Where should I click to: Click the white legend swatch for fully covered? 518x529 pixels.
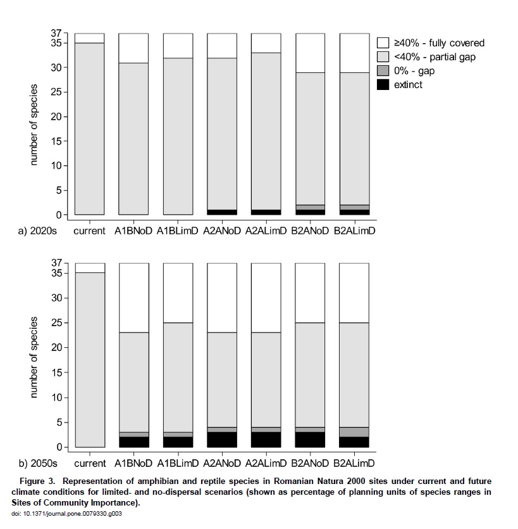click(383, 43)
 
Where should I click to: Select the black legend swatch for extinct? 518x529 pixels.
click(383, 84)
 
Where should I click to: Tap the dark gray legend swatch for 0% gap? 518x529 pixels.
click(383, 70)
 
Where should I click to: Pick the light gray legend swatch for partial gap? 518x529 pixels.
click(383, 56)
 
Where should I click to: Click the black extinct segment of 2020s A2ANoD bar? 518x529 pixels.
click(222, 212)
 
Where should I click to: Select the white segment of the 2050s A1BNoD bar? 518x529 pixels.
click(134, 298)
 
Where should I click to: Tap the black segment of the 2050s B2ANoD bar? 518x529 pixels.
click(310, 440)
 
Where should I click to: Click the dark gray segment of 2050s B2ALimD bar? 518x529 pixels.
click(354, 432)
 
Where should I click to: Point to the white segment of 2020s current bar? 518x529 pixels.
click(89, 38)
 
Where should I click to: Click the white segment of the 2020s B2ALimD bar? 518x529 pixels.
click(355, 53)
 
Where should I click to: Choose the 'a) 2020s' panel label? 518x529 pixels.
click(37, 231)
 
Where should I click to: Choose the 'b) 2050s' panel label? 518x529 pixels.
click(38, 463)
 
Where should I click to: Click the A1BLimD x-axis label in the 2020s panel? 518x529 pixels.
click(178, 231)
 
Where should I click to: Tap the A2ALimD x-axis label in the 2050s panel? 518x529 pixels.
click(266, 463)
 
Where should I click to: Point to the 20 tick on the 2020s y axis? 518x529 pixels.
click(56, 117)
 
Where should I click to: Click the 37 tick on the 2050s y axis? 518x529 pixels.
click(56, 262)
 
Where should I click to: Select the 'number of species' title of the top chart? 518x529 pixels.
click(34, 125)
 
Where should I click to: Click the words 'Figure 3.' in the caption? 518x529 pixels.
click(37, 481)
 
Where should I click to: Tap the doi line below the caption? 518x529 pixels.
click(66, 514)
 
